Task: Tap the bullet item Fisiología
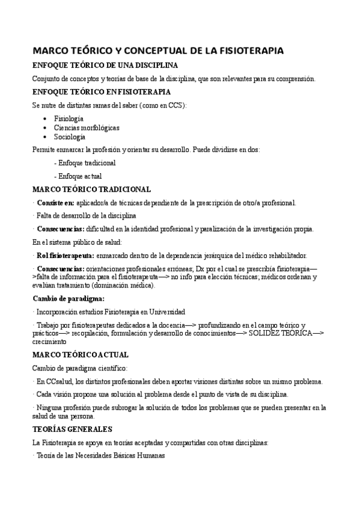pos(69,118)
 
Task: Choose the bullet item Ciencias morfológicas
pos(87,127)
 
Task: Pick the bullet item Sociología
pos(70,137)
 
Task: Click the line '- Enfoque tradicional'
pos(85,162)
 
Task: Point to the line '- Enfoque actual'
pos(78,176)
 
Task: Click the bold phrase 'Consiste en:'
pos(56,203)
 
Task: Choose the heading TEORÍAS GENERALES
pos(72,429)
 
